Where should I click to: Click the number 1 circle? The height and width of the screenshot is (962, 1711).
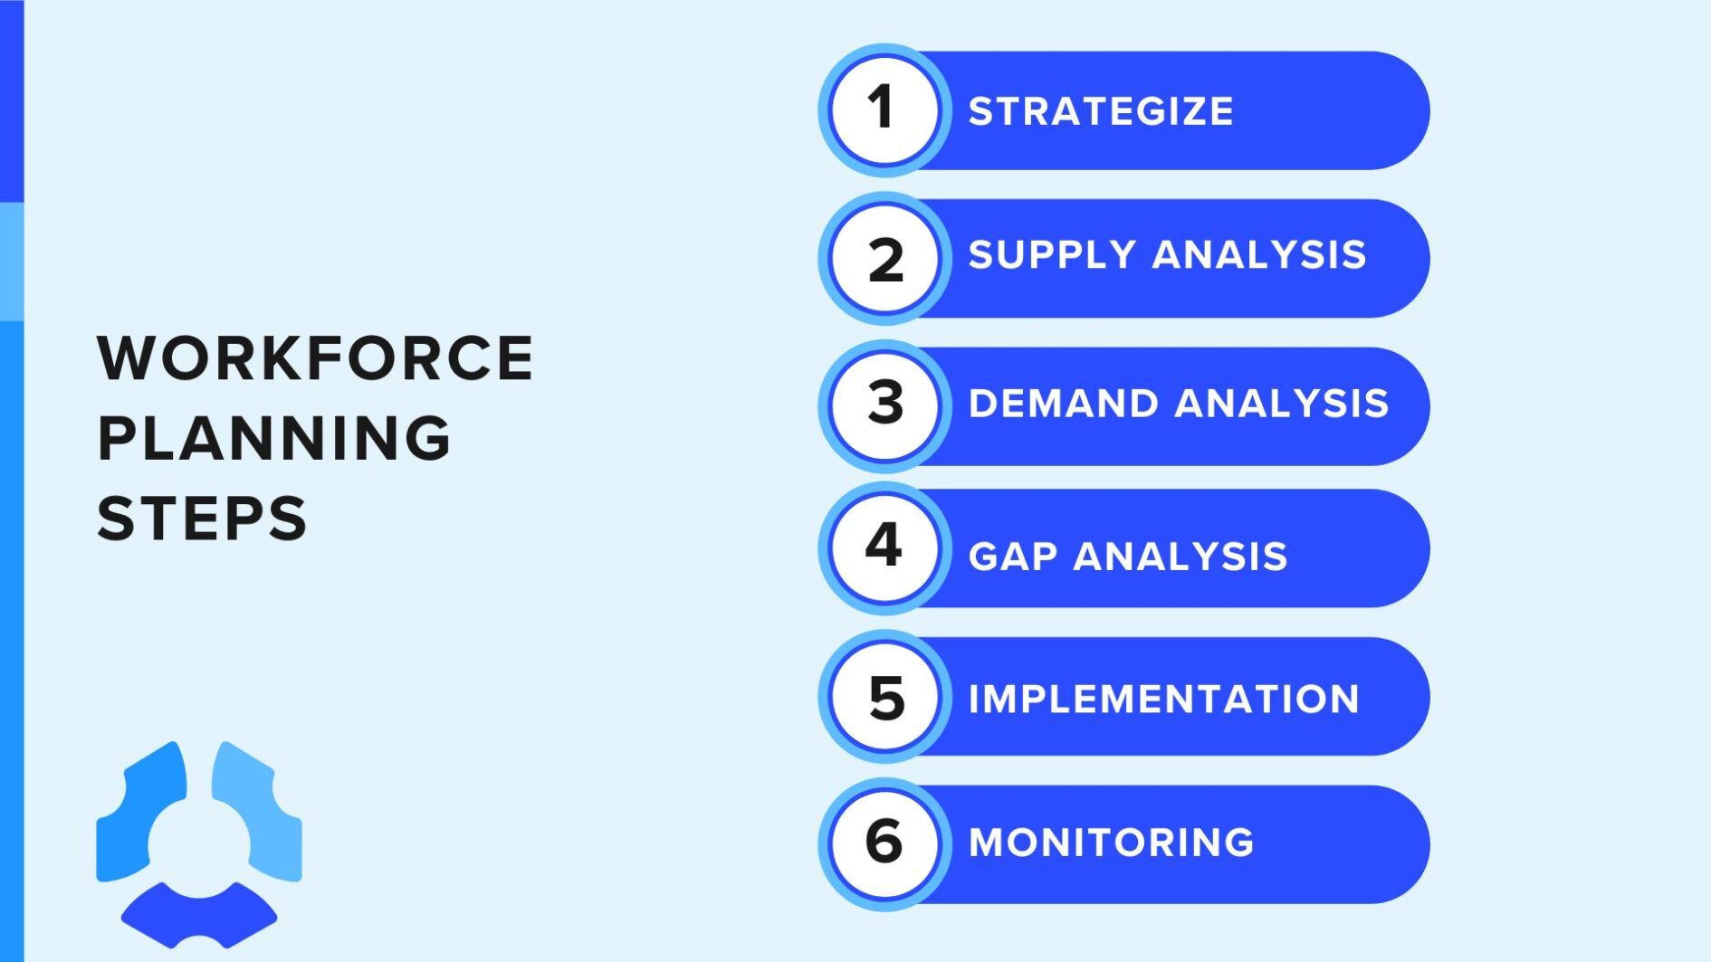884,110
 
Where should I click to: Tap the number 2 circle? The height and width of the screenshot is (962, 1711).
884,259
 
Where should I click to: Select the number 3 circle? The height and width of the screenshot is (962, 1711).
884,405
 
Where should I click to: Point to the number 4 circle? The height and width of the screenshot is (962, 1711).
884,548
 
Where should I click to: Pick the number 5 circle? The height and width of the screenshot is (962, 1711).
884,696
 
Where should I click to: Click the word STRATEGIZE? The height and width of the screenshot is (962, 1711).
1100,111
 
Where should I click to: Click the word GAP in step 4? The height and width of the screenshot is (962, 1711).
1012,557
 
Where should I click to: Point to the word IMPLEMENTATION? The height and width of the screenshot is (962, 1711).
1163,699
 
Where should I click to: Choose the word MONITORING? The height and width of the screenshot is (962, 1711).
1111,843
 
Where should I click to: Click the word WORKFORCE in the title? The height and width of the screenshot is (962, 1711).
315,358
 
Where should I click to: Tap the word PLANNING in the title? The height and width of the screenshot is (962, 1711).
273,439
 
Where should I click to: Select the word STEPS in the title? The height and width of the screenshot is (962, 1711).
202,519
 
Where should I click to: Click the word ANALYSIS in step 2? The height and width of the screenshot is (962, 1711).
1258,255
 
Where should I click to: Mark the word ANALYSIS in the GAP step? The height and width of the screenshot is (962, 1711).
1180,557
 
